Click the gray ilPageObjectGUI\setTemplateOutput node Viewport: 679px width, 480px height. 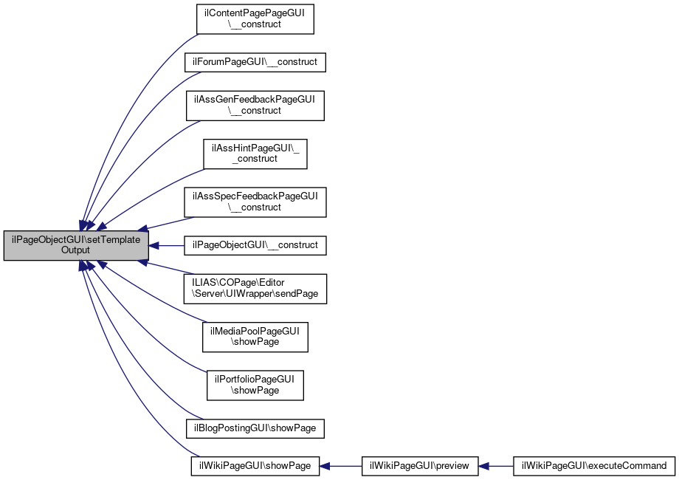coord(76,245)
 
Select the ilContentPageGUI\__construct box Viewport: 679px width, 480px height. coord(255,18)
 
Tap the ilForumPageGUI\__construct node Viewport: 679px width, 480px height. coord(255,62)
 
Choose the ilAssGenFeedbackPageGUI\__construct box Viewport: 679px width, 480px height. coord(255,106)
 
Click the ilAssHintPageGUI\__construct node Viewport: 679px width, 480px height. coord(255,154)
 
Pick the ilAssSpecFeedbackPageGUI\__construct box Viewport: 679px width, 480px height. coord(255,202)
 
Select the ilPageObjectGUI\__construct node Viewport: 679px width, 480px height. coord(255,245)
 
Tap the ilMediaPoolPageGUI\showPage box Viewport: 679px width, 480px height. coord(255,337)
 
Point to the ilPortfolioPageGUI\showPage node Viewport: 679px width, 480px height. coord(255,385)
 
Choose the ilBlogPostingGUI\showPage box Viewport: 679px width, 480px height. coord(255,428)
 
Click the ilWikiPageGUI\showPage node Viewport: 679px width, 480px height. coord(255,466)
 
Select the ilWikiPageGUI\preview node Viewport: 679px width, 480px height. coord(420,466)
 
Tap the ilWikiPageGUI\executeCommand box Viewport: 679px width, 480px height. coord(593,466)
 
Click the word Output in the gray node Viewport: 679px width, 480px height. coord(76,250)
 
